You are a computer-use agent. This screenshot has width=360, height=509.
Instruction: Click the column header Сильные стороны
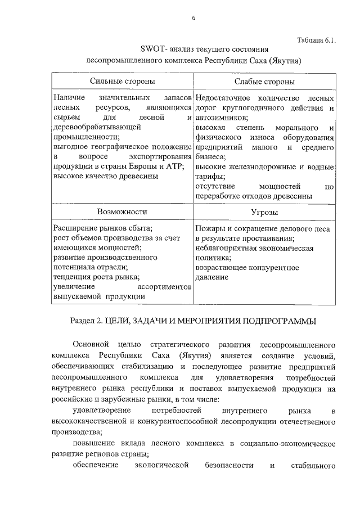123,82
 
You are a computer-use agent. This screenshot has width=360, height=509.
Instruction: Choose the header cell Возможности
122,212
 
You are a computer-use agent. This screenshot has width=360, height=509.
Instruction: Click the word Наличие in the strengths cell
66,98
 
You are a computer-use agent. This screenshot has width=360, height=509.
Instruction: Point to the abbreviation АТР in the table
173,166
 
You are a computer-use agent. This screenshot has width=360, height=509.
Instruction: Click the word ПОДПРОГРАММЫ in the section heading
278,321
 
